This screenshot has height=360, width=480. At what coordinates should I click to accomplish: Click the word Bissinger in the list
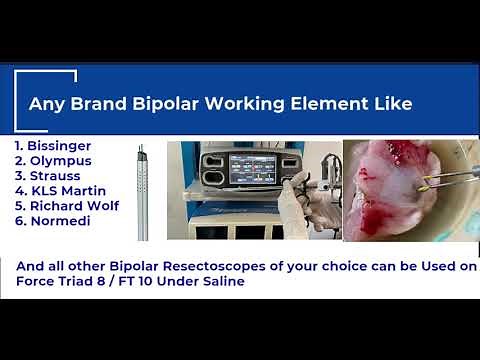[x=62, y=145]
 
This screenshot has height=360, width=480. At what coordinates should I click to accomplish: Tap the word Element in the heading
[x=341, y=103]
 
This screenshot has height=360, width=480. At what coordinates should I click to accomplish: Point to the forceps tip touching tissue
[x=424, y=184]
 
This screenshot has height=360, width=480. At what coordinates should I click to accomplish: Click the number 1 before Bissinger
[x=19, y=145]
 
